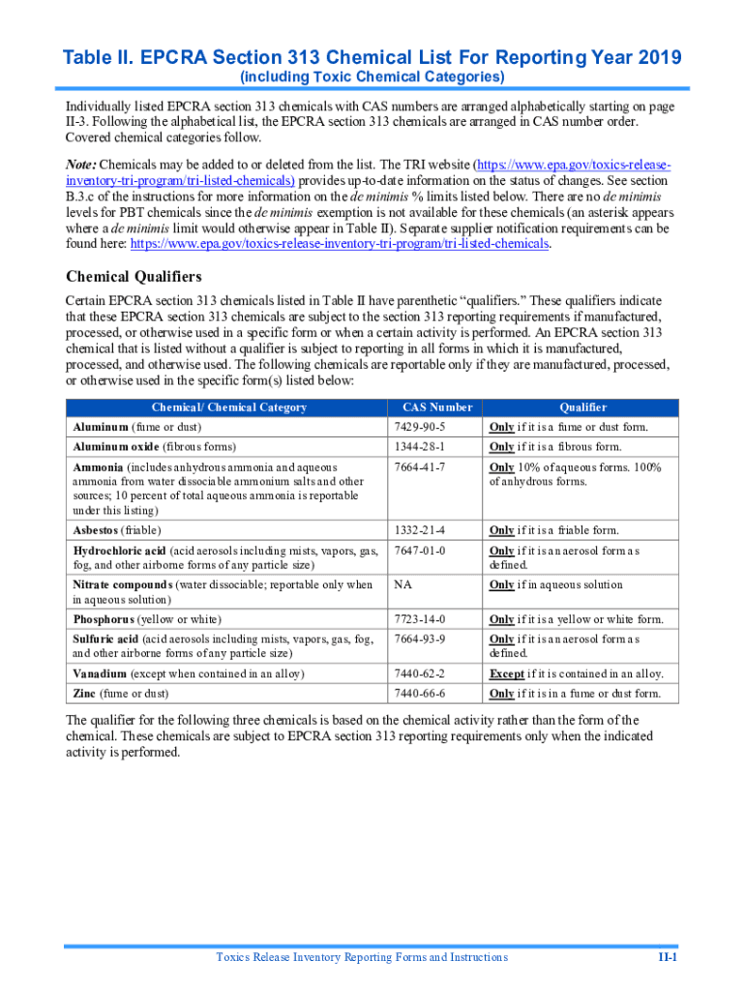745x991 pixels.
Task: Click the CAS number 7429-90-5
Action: pos(420,427)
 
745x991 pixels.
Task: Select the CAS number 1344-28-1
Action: pos(420,446)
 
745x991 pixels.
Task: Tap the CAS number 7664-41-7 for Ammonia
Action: pos(420,467)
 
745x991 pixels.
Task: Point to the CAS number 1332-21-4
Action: pos(420,530)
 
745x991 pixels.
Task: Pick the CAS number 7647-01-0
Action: pos(420,550)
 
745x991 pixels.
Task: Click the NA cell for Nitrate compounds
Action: pos(402,585)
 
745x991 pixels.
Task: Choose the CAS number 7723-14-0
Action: pos(420,619)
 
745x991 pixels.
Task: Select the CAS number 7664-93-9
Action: pos(420,639)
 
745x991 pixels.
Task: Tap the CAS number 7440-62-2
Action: pos(420,674)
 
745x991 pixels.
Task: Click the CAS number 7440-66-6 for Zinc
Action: pos(420,693)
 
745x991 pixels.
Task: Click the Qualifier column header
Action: pos(582,407)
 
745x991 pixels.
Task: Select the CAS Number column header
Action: pos(437,407)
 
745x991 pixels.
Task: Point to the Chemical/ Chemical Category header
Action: pos(228,407)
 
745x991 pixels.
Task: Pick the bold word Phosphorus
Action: pos(104,619)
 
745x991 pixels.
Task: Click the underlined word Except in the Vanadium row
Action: pos(507,674)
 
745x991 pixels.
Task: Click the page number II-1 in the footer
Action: pos(667,957)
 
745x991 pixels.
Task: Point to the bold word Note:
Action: pos(81,165)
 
